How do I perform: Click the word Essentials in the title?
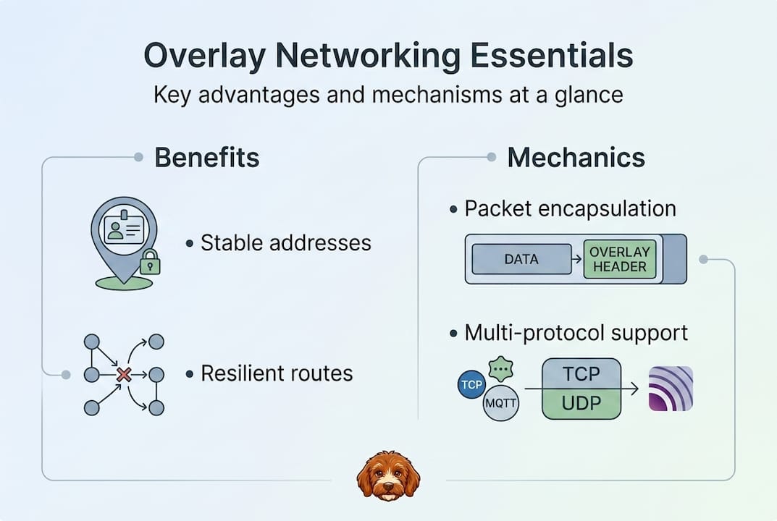(540, 56)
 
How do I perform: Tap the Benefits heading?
(207, 157)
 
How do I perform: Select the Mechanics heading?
(576, 157)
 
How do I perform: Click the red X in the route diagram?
(124, 374)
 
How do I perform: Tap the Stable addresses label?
(285, 242)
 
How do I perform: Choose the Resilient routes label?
(277, 373)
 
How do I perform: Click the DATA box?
(521, 259)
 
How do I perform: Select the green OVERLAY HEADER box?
(619, 259)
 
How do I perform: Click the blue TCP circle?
(472, 384)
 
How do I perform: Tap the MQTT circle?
(501, 403)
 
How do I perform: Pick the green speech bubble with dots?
(500, 369)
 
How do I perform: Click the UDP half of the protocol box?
(581, 403)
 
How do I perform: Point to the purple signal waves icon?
(671, 389)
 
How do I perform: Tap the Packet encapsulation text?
(570, 208)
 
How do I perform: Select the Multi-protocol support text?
(576, 333)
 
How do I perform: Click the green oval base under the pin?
(124, 282)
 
